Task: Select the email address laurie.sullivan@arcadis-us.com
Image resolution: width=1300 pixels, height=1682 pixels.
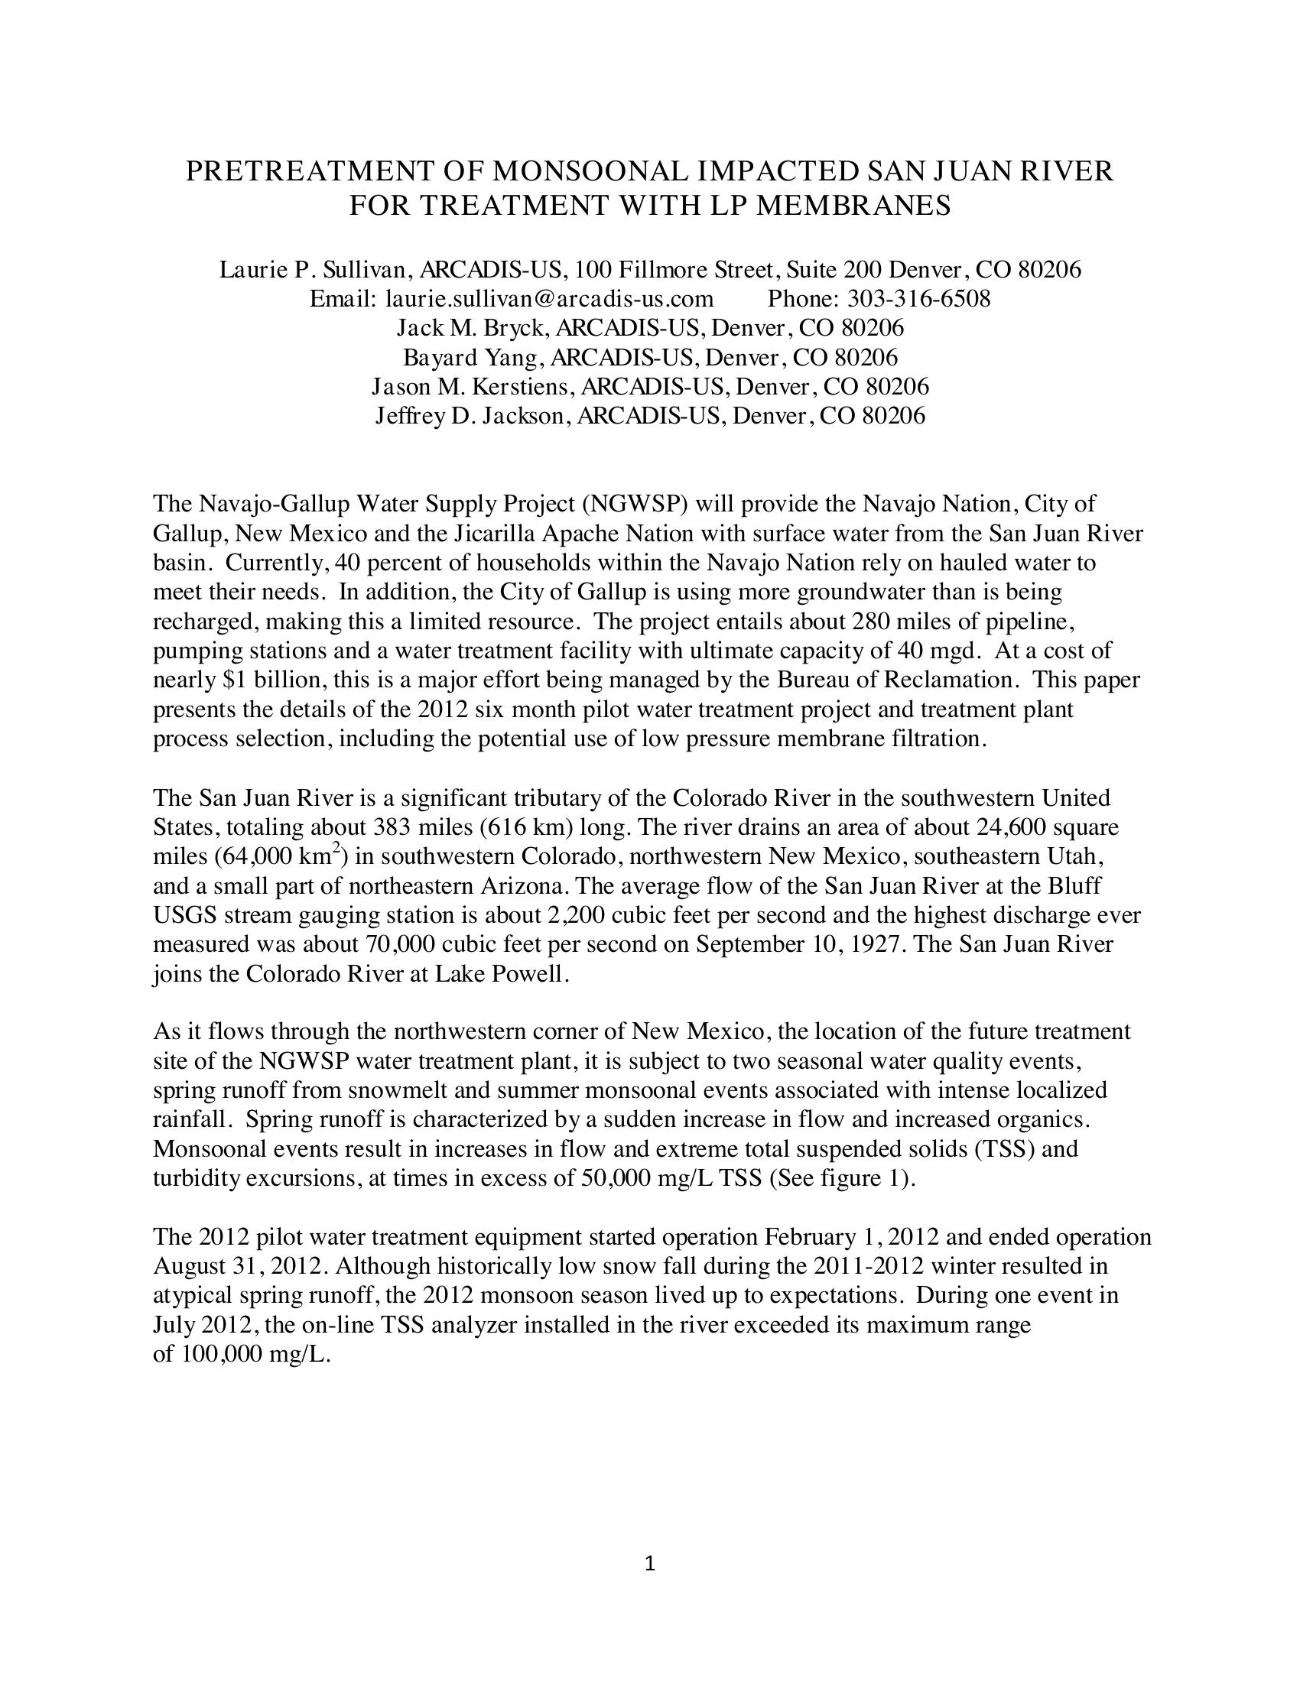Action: point(549,298)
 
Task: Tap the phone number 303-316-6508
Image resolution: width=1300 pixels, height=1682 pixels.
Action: point(918,298)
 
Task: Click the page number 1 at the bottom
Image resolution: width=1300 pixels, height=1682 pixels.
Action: point(649,1563)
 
